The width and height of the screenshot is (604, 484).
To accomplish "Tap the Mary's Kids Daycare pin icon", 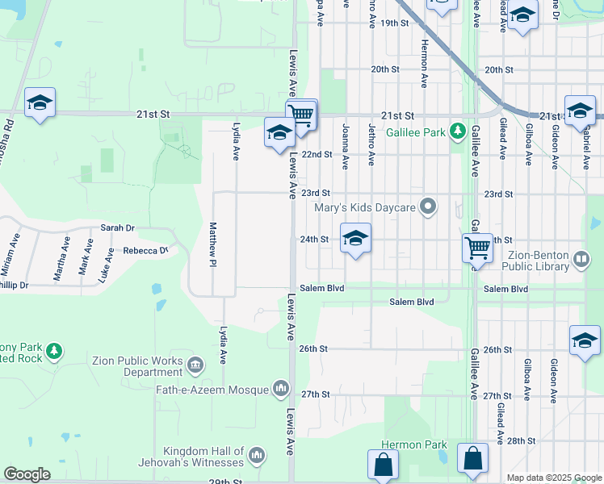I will coord(430,208).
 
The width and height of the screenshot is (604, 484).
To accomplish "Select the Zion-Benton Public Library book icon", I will coord(581,260).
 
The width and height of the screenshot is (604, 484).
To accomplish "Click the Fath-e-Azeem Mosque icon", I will coord(281,390).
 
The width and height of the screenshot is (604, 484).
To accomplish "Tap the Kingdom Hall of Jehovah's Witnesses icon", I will coord(257,457).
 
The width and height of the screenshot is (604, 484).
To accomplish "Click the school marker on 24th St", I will coord(355,239).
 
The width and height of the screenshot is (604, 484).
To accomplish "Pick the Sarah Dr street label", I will coord(117,228).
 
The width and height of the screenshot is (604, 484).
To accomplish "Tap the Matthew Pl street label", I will coord(213,245).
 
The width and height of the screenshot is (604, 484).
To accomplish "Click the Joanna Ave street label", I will coord(345,145).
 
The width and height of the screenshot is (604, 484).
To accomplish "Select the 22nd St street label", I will coord(317,154).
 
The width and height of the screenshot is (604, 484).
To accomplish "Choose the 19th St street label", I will coord(395,23).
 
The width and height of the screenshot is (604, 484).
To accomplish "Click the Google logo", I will coord(27,474).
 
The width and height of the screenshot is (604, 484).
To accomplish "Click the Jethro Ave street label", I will coord(371,145).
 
